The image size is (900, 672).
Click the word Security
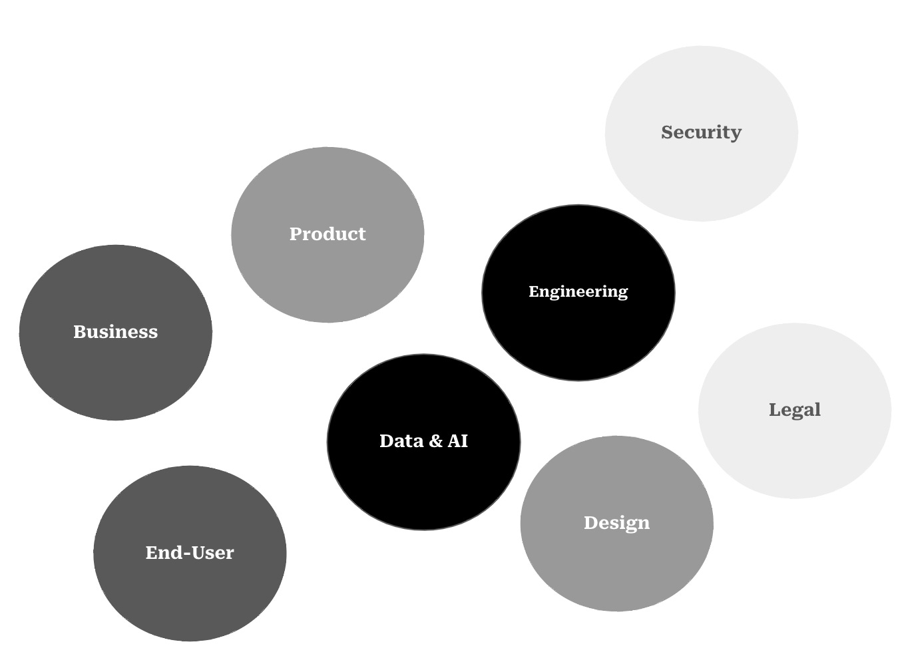701,132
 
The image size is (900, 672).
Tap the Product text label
328,234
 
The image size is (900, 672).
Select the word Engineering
578,291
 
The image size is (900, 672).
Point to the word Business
116,332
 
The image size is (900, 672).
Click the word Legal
794,410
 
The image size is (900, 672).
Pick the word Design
616,523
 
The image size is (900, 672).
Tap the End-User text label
190,553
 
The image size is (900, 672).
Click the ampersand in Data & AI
435,441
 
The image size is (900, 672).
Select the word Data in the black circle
401,441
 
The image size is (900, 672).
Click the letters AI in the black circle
458,441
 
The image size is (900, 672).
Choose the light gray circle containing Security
701,180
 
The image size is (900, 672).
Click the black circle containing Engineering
578,339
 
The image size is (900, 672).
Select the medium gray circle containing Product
328,279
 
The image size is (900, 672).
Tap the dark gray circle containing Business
116,379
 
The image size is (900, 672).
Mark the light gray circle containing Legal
794,459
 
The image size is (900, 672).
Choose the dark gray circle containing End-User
190,599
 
